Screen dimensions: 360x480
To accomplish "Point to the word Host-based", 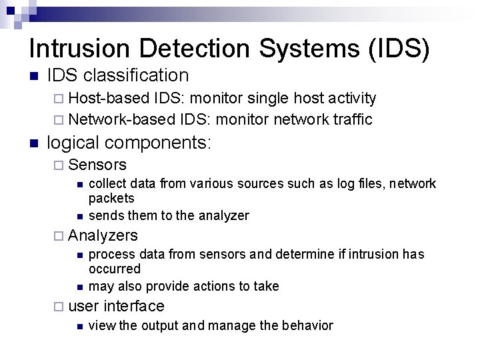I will pos(109,99).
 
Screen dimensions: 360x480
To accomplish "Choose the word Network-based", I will pos(122,119).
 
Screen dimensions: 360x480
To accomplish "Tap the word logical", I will pos(73,143).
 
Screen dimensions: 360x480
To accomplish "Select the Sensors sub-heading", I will pos(97,165).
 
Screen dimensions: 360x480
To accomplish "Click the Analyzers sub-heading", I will pos(103,235).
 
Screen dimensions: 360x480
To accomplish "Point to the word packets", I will pos(111,198).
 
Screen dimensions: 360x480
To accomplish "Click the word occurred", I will pos(115,269).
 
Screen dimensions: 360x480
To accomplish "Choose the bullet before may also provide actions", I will pos(79,287).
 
